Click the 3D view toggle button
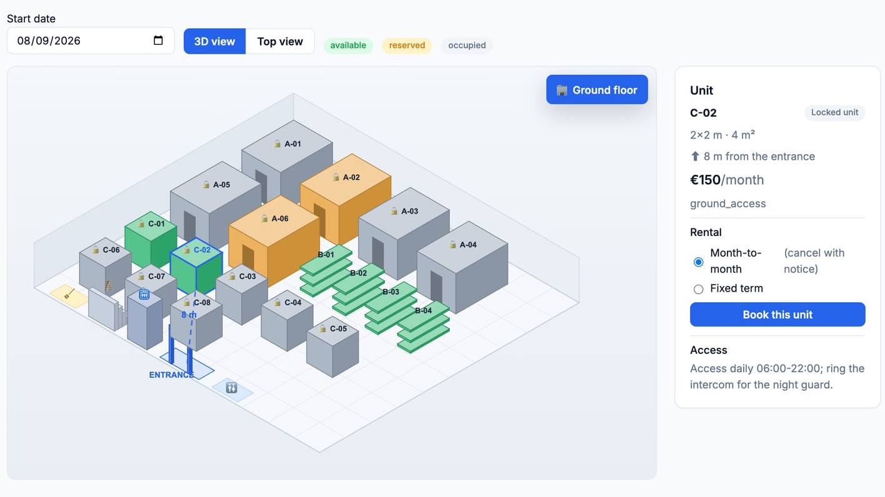tap(214, 41)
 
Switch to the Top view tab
tap(280, 41)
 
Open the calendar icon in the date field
tap(158, 40)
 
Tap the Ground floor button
tap(597, 90)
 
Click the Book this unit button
tap(777, 314)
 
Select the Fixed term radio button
tap(699, 289)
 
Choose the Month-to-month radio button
tap(699, 262)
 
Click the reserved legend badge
tap(407, 46)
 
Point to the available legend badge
tap(348, 46)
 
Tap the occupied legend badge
tap(467, 46)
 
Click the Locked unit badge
tap(834, 112)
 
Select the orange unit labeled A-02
tap(346, 197)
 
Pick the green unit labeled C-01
tap(151, 239)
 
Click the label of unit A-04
tap(467, 245)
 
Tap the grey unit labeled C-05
tap(332, 347)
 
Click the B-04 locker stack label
tap(423, 311)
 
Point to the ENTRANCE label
tap(171, 375)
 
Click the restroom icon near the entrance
tap(231, 388)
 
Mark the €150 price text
tap(705, 180)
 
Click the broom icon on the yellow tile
tap(69, 294)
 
